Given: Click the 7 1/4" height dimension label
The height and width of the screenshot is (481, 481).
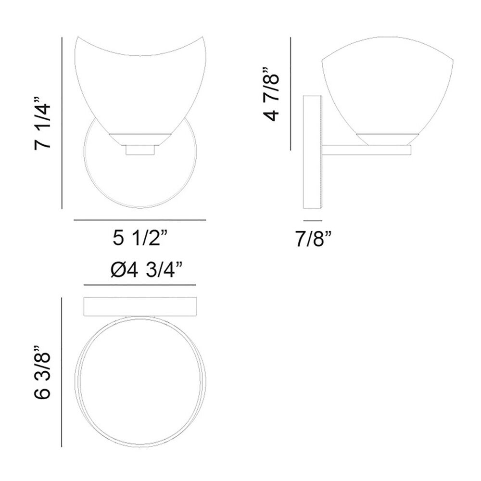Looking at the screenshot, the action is click(x=42, y=123).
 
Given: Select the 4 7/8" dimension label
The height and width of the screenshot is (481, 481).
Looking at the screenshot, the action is click(x=271, y=94).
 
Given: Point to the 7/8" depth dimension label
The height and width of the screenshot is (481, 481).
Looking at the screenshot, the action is click(x=313, y=239).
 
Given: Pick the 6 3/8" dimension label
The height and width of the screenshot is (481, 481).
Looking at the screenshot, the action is click(x=42, y=372).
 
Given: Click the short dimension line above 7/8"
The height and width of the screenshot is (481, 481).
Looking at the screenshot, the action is click(x=313, y=221).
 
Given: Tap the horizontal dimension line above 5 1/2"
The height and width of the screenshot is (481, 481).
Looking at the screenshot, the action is click(x=140, y=220).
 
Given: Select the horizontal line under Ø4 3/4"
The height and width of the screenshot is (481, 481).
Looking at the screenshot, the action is click(x=140, y=285).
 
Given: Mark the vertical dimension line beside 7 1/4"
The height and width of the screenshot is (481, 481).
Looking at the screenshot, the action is click(x=62, y=123).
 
